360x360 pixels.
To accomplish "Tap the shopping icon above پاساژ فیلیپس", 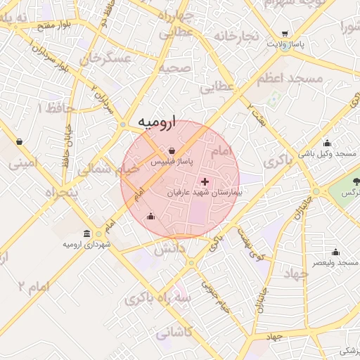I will tap(172, 150).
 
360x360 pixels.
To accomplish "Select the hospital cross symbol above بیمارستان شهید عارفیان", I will tap(205, 181).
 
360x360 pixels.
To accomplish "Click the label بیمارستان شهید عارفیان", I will tap(205, 192).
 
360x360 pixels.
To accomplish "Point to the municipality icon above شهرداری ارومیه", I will tap(86, 233).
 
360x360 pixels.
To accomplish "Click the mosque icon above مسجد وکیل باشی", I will tap(333, 143).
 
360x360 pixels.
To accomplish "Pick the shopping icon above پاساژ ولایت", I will tap(285, 34).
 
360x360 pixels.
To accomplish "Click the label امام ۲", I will tap(33, 286).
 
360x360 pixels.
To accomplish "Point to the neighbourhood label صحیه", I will tap(174, 68).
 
